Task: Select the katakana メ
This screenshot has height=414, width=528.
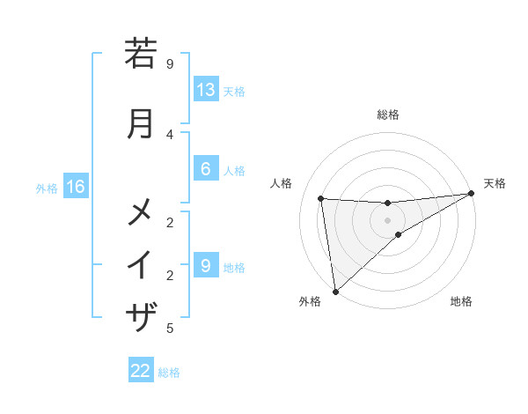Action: (141, 212)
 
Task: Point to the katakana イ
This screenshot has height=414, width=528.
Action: (141, 264)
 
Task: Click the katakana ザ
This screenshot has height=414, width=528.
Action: (141, 315)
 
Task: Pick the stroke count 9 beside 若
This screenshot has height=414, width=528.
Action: (170, 63)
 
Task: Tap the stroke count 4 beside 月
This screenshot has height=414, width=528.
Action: (170, 134)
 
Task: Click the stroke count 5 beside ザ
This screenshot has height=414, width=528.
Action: (170, 329)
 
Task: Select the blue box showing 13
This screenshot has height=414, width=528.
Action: (206, 89)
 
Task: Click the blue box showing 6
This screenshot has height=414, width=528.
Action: (206, 169)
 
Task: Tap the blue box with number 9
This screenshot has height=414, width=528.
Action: (206, 265)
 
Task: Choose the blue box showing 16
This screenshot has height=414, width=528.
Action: (76, 187)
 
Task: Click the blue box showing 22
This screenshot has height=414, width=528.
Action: (141, 371)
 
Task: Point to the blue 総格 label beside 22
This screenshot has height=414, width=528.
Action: (169, 373)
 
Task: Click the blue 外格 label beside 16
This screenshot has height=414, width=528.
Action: (46, 188)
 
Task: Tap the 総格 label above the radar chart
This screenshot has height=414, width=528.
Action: (388, 115)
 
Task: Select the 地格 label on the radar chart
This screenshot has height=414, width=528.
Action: (461, 302)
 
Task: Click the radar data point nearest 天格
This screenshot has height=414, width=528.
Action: (471, 194)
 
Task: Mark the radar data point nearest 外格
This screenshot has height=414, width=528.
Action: (335, 292)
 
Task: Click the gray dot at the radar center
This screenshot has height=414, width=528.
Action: (388, 220)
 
